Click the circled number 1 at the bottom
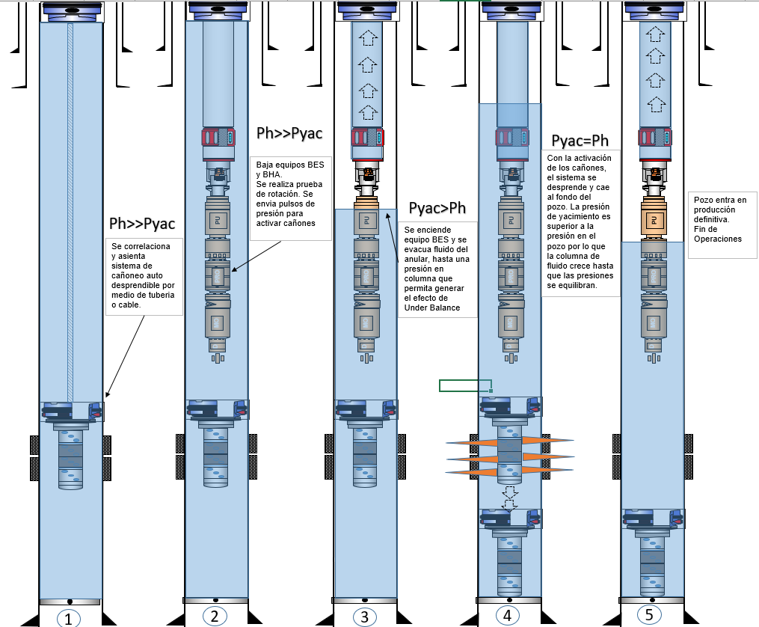(68, 619)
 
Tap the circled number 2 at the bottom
(214, 617)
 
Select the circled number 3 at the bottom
(364, 617)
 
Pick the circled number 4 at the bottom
(507, 616)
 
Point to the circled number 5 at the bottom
(649, 614)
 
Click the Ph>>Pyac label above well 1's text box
(142, 223)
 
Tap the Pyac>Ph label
(437, 207)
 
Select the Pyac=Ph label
(580, 141)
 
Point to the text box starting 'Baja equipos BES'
(289, 198)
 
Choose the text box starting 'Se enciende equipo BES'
(437, 269)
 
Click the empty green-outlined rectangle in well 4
(464, 385)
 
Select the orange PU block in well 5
(653, 221)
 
